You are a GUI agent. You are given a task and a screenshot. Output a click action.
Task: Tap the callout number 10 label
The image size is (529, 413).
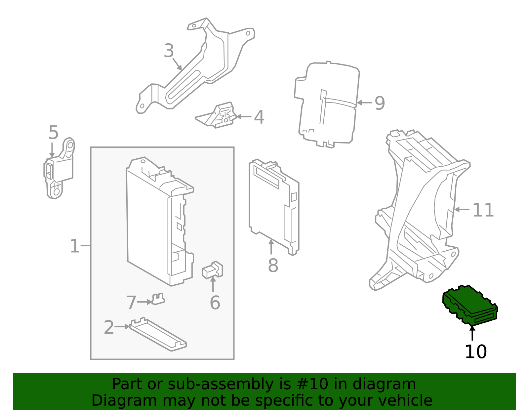[x=475, y=352]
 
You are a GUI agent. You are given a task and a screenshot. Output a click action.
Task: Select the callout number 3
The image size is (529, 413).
[x=169, y=51]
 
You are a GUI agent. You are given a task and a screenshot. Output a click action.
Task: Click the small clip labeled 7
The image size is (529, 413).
[x=158, y=299]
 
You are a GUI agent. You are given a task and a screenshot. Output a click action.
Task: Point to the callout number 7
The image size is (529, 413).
[x=131, y=303]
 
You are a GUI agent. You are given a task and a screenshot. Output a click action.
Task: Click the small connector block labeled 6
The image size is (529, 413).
[x=212, y=270]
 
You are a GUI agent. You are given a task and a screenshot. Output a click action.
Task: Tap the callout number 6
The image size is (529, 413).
[x=215, y=303]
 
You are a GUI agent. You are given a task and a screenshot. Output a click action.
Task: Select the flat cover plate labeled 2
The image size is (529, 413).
[x=158, y=335]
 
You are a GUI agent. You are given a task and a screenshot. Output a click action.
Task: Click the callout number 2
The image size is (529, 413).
[x=109, y=327]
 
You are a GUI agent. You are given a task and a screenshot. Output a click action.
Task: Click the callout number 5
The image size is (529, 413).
[x=53, y=133]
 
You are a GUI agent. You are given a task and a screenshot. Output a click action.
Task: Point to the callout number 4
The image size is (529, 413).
[x=259, y=117]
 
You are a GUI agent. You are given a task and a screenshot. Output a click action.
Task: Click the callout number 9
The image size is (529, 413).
[x=380, y=103]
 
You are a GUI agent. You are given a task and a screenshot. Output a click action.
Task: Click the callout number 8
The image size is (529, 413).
[x=273, y=266]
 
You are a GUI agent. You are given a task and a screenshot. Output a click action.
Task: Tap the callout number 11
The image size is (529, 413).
[x=483, y=210]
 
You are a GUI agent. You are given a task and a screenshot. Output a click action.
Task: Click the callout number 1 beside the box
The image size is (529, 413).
[x=75, y=246]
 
